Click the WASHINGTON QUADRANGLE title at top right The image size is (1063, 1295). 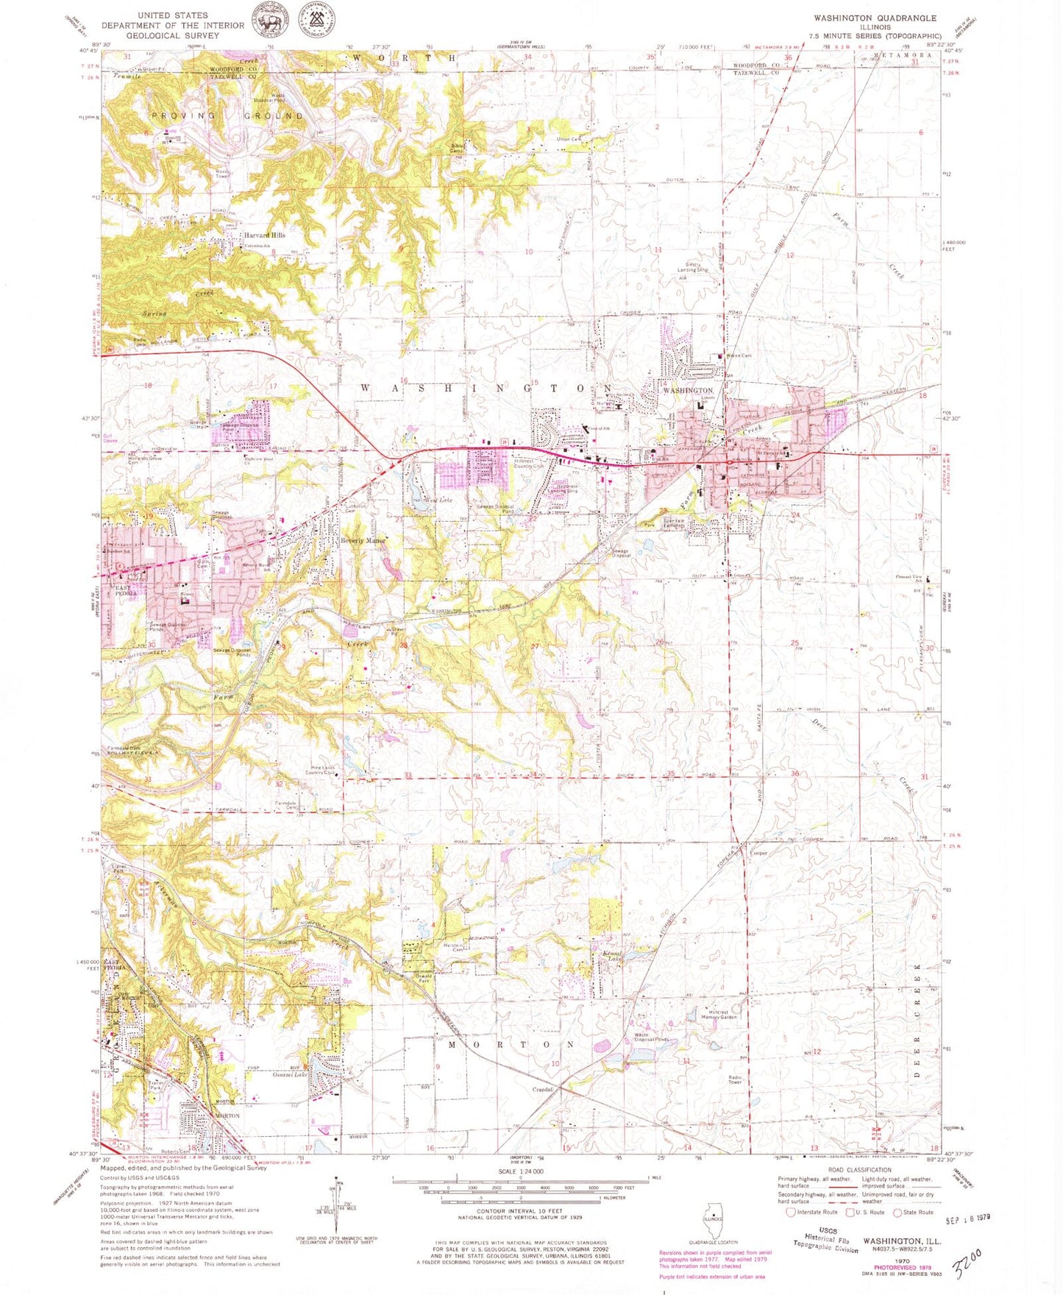coord(875,18)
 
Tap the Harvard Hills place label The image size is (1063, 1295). coord(265,235)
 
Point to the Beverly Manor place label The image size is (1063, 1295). coord(363,541)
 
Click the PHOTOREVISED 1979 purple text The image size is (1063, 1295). coord(902,1268)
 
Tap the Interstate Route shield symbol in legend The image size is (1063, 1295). coord(791,1212)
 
